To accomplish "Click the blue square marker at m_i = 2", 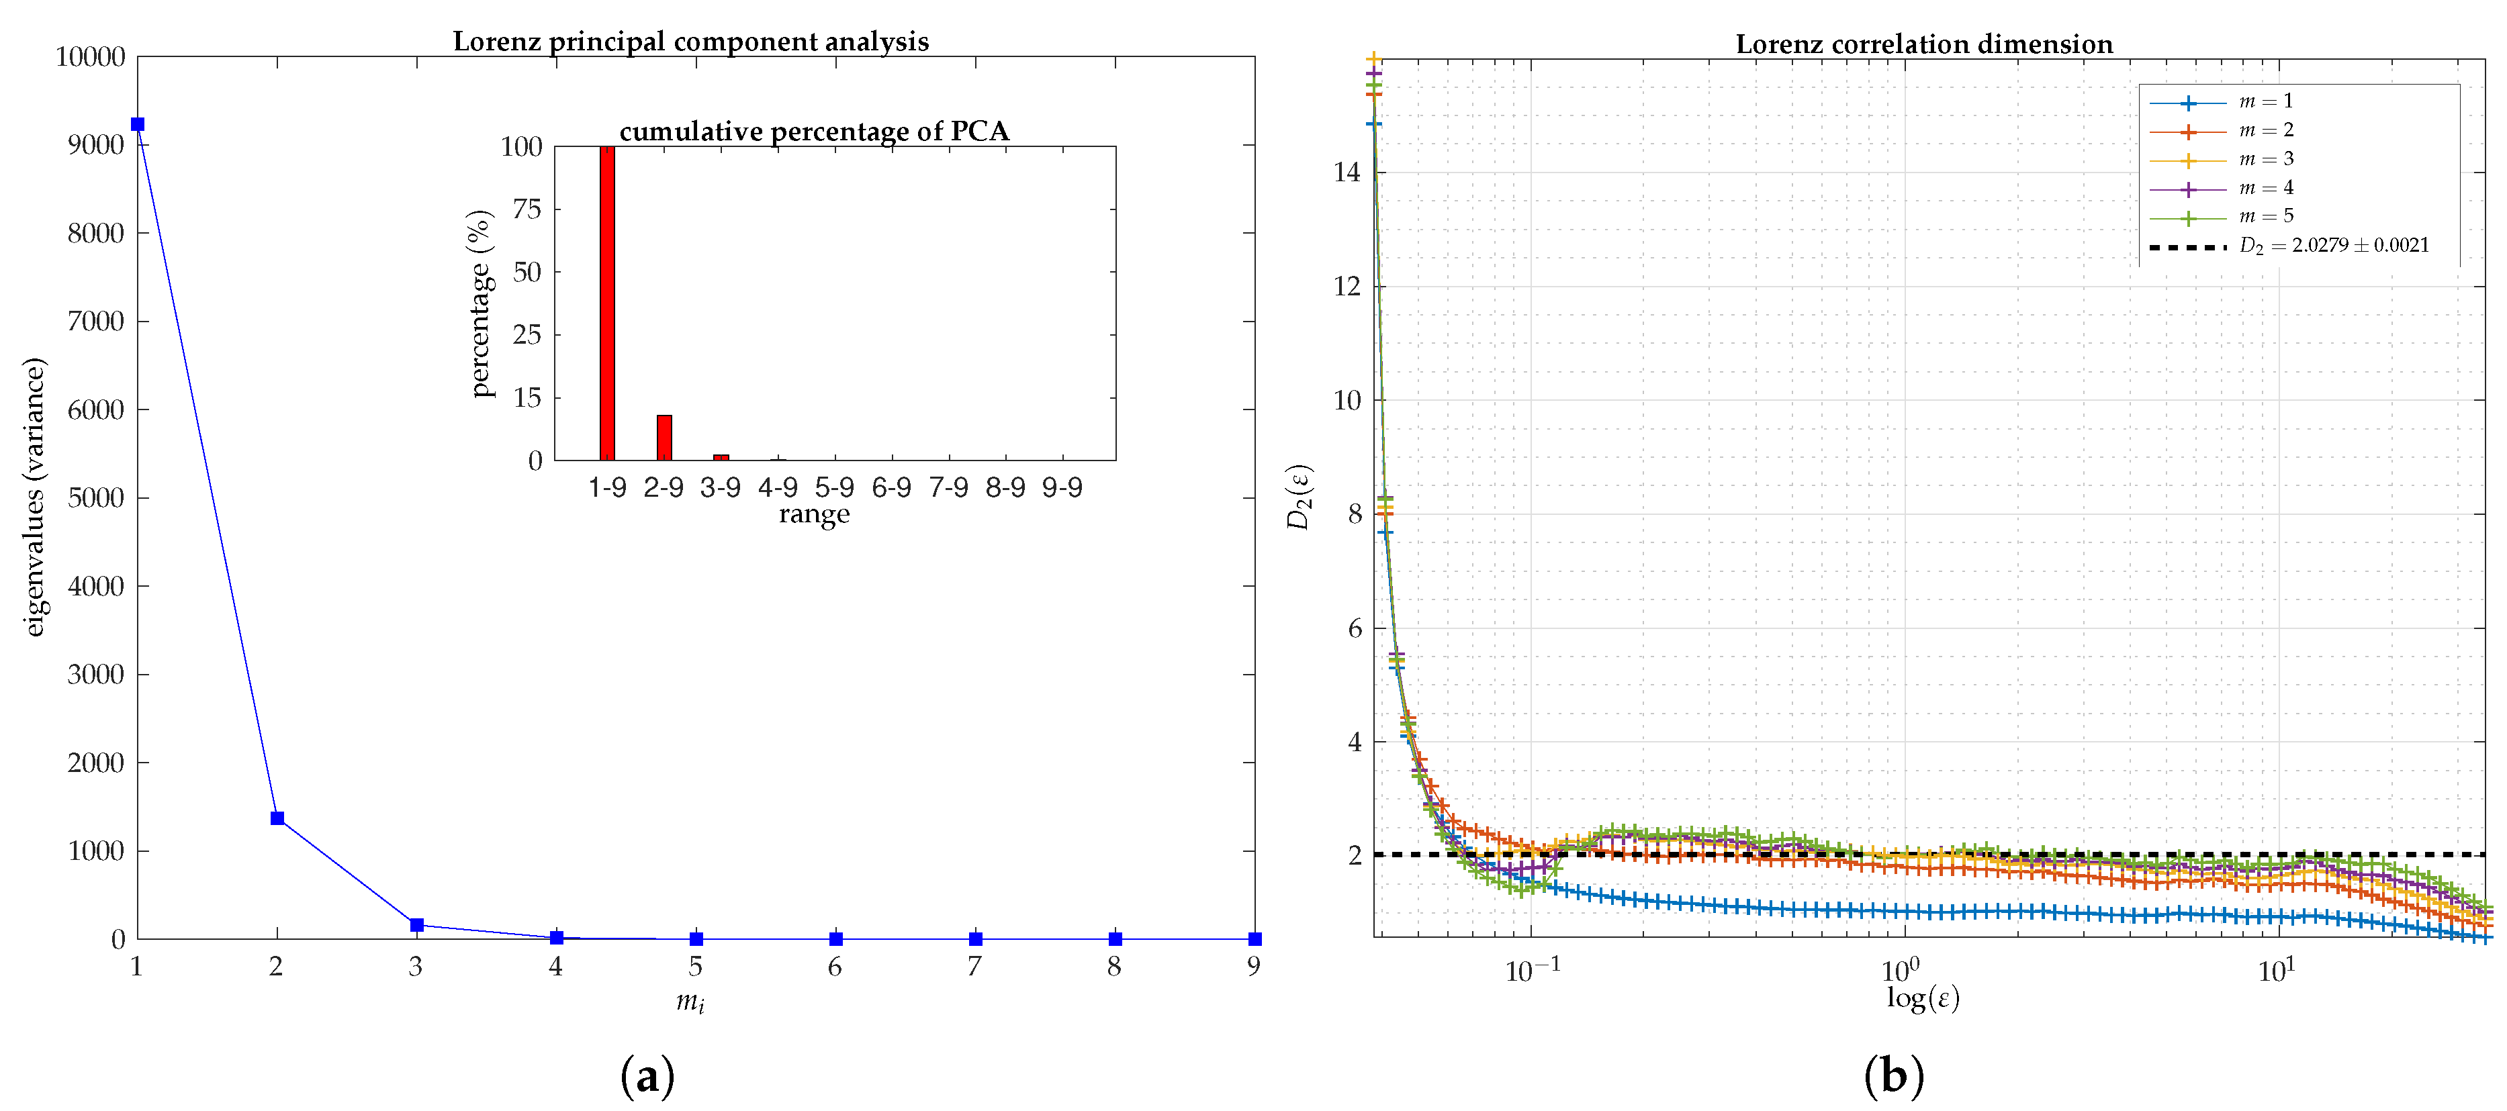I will click(277, 818).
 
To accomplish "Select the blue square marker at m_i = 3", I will click(416, 924).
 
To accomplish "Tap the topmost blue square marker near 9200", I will click(137, 124).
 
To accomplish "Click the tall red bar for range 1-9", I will click(607, 303).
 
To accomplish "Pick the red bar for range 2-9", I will click(664, 437).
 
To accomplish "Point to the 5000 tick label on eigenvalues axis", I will click(95, 498).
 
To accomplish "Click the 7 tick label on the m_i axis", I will click(974, 966).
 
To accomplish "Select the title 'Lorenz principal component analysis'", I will click(691, 42).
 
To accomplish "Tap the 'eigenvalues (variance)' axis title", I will click(34, 497).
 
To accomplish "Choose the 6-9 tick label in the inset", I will click(891, 487).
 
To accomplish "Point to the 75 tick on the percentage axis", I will click(527, 209).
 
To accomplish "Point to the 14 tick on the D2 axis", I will click(1347, 173).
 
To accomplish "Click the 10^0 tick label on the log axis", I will click(1901, 971).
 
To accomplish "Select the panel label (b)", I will click(1894, 1077).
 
